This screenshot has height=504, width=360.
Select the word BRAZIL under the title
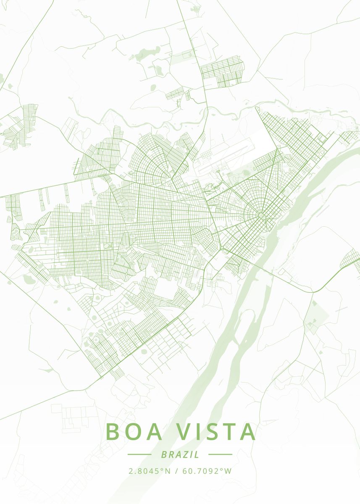pos(180,454)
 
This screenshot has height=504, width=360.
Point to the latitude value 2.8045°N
pos(150,471)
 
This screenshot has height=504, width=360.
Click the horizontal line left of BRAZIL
pos(139,454)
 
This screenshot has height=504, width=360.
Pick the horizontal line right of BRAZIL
pos(220,454)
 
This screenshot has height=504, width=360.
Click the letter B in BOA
pos(113,432)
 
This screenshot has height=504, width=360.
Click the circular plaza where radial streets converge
pos(261,216)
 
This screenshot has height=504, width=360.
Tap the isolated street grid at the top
pos(222,71)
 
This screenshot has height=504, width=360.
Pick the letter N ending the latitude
pos(168,471)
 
